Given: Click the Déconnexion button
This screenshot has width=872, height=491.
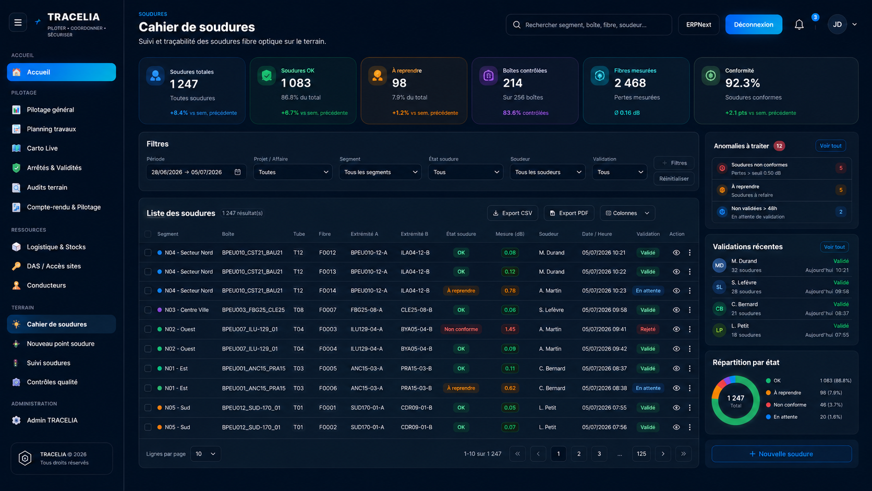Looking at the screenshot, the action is [753, 25].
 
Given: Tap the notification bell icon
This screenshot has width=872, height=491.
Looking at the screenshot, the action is [799, 25].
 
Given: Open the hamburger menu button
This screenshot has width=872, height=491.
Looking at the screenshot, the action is [18, 22].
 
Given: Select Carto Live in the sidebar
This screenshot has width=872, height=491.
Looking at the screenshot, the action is [42, 148].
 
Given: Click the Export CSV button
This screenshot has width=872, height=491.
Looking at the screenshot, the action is [512, 213].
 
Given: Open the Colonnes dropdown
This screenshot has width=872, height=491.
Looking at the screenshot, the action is [627, 213].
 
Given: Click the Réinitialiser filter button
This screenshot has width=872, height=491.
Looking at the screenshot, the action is [673, 179].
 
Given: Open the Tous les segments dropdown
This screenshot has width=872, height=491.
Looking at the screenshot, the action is [380, 172].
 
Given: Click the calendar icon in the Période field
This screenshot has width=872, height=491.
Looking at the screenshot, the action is [237, 172].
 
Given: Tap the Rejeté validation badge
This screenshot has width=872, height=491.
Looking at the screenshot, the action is [648, 329].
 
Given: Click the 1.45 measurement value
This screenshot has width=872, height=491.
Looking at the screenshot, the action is [510, 329].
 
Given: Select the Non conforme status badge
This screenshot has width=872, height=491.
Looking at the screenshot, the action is [461, 329].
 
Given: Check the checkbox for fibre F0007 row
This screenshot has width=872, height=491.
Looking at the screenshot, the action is [148, 310].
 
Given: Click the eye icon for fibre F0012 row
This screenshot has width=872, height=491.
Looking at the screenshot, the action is [676, 253].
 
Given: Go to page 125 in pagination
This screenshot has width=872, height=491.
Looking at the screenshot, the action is [641, 453].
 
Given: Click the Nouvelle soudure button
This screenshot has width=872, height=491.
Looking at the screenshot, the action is [781, 454].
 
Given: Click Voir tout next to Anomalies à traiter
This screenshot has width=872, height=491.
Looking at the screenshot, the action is [830, 146].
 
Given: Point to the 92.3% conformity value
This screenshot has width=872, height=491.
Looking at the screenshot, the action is [742, 83].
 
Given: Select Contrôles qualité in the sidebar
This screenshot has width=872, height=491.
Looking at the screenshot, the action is [52, 382].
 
